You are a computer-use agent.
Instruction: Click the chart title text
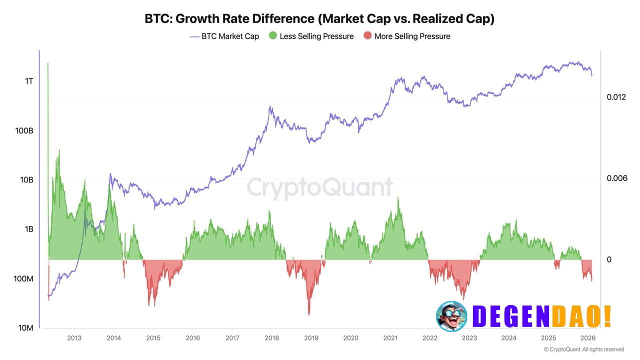click(x=319, y=18)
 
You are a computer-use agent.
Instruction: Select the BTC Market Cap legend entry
click(x=224, y=36)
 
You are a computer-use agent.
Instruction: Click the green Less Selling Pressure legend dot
click(x=273, y=36)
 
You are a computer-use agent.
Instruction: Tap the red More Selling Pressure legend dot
click(x=368, y=36)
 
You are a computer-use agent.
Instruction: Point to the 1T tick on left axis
click(x=29, y=81)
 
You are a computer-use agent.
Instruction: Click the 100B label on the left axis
click(x=24, y=130)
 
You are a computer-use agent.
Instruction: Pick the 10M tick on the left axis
click(x=25, y=328)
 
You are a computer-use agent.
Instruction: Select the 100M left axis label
click(x=24, y=278)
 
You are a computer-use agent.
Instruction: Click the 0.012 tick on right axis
click(x=616, y=97)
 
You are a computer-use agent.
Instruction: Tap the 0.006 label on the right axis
click(x=616, y=178)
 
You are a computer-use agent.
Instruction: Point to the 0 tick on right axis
click(x=609, y=259)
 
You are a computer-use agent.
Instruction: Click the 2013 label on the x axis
click(x=74, y=338)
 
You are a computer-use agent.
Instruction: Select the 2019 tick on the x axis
click(x=311, y=338)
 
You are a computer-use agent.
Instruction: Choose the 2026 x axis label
click(x=587, y=338)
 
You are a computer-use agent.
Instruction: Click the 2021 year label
click(x=390, y=338)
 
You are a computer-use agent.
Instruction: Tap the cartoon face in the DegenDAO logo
click(x=451, y=316)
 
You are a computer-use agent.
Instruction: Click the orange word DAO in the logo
click(x=575, y=316)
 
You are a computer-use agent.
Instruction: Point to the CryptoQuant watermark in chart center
click(x=319, y=188)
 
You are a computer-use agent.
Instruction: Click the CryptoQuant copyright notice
click(x=583, y=349)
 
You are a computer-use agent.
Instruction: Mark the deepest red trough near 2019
click(x=309, y=314)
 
